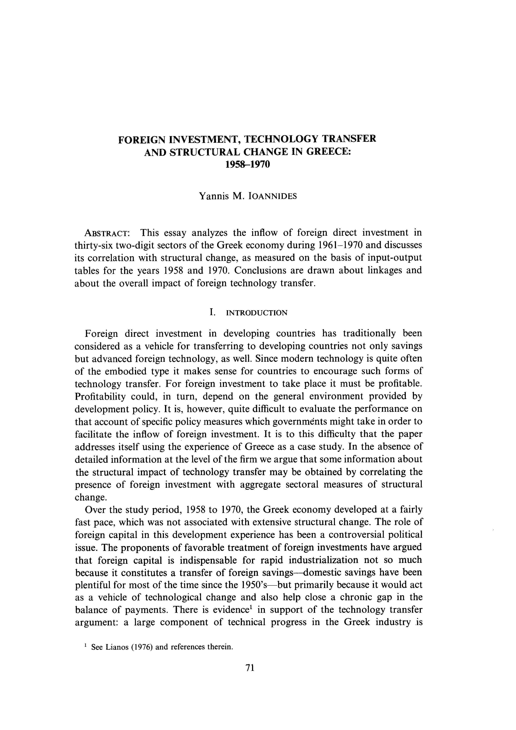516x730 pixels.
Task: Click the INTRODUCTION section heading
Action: click(x=257, y=313)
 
